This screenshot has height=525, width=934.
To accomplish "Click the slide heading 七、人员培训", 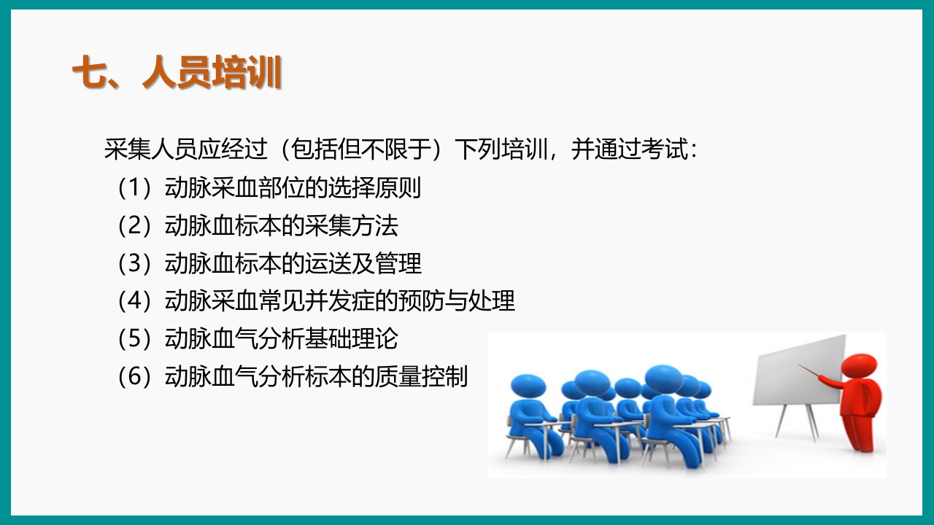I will pyautogui.click(x=177, y=74).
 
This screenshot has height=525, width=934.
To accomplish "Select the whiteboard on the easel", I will pyautogui.click(x=798, y=372).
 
